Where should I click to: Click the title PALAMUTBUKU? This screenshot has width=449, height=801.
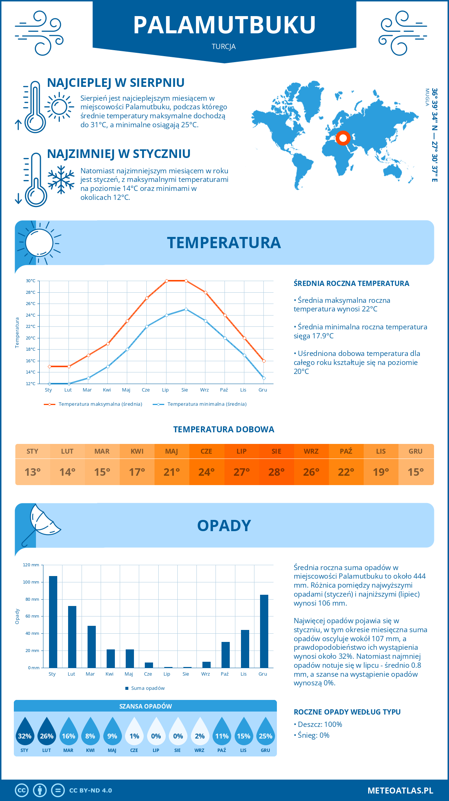[224, 25]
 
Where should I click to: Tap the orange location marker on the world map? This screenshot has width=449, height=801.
[343, 138]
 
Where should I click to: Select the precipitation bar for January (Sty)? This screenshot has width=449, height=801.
[53, 622]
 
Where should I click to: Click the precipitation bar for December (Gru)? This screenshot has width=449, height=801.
[264, 631]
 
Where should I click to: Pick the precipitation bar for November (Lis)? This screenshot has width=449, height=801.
[245, 649]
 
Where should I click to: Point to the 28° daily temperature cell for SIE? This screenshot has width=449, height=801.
[277, 472]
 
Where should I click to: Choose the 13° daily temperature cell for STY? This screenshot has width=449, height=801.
[33, 472]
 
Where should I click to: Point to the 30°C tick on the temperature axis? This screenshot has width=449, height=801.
[31, 281]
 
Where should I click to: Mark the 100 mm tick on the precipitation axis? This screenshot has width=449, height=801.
[31, 582]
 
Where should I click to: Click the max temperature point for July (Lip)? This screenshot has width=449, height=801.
[167, 281]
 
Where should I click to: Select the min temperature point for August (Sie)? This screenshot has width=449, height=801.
[186, 309]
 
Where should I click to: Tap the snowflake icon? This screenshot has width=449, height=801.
[61, 180]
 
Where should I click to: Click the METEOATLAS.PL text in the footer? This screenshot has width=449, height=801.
[400, 791]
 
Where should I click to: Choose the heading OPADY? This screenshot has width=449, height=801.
[224, 526]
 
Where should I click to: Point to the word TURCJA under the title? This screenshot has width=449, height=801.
[224, 47]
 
